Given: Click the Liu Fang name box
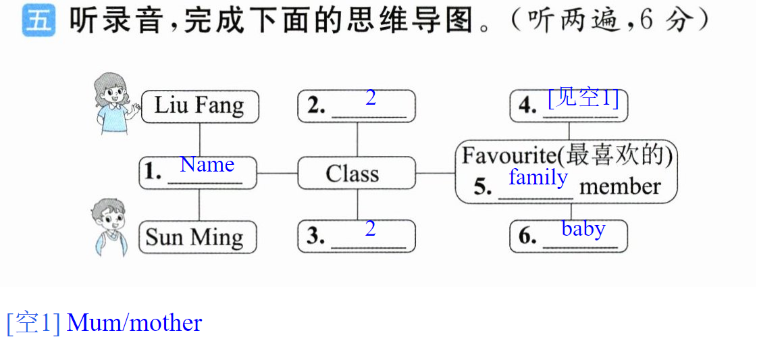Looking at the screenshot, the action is (200, 107).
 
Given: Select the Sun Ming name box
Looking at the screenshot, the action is (197, 237).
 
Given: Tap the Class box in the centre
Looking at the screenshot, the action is (357, 173).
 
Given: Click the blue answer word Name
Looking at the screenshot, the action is (207, 165).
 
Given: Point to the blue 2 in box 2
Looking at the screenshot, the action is (370, 98).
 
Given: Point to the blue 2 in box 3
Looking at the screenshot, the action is (370, 228).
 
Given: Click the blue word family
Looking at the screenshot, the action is (538, 178).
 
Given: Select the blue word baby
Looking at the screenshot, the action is (583, 229).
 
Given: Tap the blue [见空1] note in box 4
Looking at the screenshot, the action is (583, 99).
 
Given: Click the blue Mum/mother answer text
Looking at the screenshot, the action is (134, 323).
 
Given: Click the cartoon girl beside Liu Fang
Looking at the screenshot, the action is (113, 103).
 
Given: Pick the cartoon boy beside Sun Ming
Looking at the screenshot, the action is (109, 227).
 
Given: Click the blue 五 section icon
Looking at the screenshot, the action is (38, 22).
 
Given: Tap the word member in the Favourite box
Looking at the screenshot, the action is (620, 187).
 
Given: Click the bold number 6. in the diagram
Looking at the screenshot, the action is (528, 236).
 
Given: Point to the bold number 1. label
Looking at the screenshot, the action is (153, 172).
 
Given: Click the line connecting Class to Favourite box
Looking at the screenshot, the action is (436, 173).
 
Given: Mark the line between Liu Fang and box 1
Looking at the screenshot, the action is (200, 140).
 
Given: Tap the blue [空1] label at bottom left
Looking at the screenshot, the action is (34, 323).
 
